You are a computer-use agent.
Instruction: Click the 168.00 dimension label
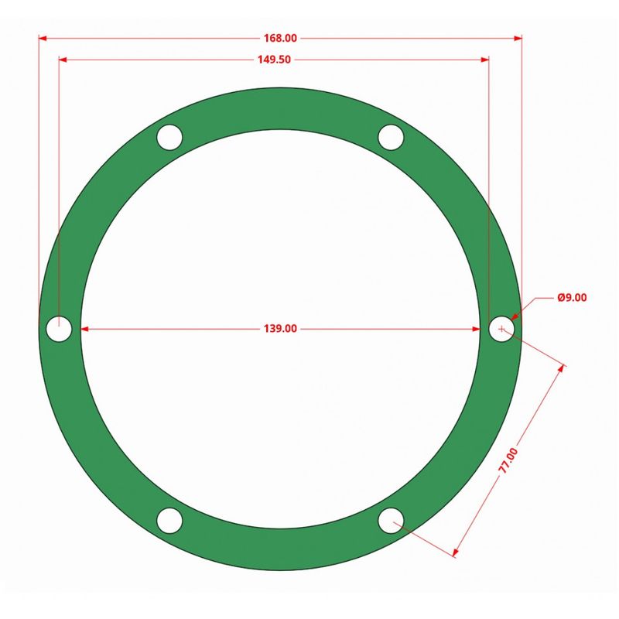(x=280, y=38)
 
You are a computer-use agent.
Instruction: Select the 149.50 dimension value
(x=274, y=60)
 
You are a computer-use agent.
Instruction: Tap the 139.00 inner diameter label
(x=280, y=329)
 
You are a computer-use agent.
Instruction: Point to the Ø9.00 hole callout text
(x=572, y=298)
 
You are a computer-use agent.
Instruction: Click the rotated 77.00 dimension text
(x=508, y=460)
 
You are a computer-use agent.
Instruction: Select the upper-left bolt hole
(x=169, y=138)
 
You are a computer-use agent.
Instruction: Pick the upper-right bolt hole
(x=391, y=138)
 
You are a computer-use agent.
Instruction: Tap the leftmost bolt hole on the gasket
(x=59, y=329)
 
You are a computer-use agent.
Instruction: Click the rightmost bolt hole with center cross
(x=501, y=329)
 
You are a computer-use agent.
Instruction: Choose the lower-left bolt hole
(x=169, y=521)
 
